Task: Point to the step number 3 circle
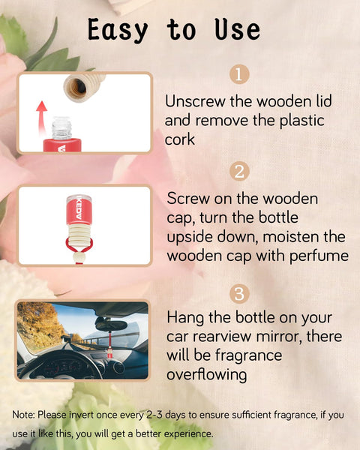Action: coord(238,293)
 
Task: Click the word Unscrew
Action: coord(193,100)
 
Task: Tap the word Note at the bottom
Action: coord(24,414)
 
